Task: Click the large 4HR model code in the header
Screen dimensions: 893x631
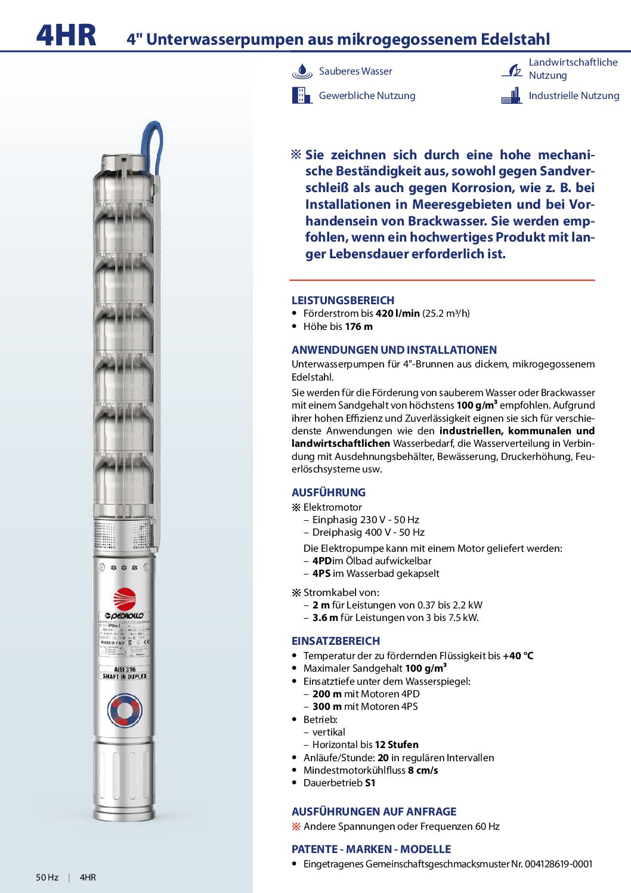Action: coord(66,35)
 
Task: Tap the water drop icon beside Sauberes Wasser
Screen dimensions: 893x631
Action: coord(302,72)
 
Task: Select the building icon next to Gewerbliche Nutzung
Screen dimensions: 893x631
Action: coord(302,95)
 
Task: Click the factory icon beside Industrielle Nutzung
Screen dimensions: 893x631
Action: coord(512,96)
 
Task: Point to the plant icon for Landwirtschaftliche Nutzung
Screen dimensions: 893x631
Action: coord(512,71)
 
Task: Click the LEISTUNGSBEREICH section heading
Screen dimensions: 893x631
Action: coord(343,301)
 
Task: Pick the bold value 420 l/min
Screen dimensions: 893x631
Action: coord(398,314)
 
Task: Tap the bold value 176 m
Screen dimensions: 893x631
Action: coord(359,327)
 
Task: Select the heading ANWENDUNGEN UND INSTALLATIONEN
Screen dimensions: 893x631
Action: coord(394,350)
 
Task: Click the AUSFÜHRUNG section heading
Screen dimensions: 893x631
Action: coord(329,493)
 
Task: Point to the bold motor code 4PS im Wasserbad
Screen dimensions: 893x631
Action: coord(321,574)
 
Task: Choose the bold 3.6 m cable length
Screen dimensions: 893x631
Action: coord(325,618)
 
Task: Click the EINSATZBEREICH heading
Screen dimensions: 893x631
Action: coord(336,641)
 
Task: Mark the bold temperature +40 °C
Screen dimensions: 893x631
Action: coord(518,656)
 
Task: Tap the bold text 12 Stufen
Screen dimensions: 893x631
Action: coord(397,745)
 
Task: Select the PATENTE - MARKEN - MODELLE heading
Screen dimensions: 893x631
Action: coord(371,849)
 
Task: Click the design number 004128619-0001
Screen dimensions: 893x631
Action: coord(559,864)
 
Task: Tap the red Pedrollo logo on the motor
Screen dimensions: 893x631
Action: coord(125,599)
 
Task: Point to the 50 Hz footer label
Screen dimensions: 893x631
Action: coord(47,877)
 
